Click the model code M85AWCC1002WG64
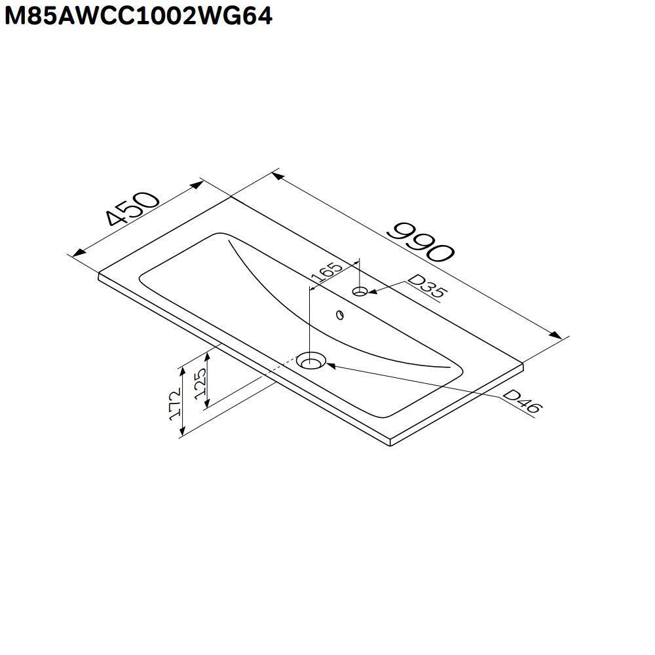pos(138,15)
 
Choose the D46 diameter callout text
pos(522,402)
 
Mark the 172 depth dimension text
pos(175,403)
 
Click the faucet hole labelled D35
pos(360,291)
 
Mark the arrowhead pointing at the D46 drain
pos(330,365)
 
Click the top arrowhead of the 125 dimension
pos(208,356)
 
